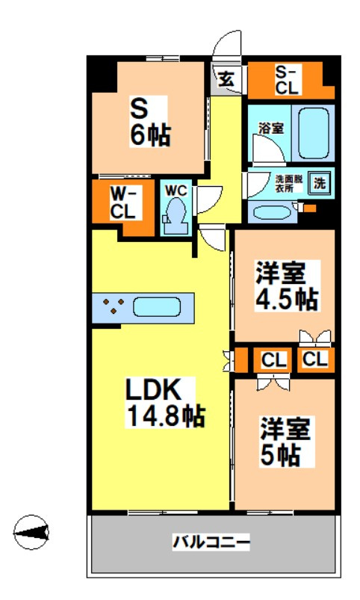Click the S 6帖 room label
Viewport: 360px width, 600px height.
tap(150, 122)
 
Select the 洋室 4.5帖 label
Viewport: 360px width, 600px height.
tap(285, 285)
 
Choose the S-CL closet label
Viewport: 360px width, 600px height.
tap(287, 80)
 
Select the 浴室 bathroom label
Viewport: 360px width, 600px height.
tap(271, 128)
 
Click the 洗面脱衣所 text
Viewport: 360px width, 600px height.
tap(288, 184)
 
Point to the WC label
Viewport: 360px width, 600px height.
tap(176, 190)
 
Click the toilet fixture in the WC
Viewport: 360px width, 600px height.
tap(176, 214)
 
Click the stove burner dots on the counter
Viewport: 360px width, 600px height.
tap(114, 306)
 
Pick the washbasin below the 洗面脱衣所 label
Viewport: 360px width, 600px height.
tap(273, 211)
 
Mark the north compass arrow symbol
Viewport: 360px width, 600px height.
tap(32, 531)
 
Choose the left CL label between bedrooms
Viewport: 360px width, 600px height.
tap(273, 360)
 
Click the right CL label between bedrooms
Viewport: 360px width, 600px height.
tap(314, 359)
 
